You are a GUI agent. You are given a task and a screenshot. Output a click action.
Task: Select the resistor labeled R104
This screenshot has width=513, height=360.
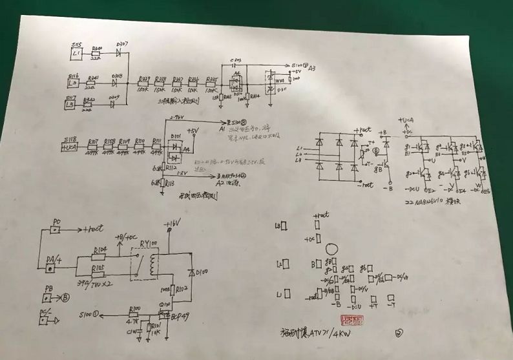99,257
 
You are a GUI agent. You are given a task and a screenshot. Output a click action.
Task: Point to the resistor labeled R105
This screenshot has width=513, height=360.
99,272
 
